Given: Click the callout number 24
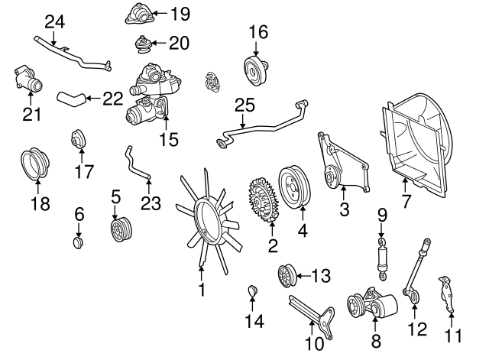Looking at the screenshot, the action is [x=55, y=22].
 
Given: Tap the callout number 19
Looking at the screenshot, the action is [x=180, y=14].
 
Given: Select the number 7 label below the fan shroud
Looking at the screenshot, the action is [x=406, y=200].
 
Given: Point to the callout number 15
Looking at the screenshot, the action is [x=169, y=139].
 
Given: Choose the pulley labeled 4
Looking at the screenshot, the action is [x=294, y=186].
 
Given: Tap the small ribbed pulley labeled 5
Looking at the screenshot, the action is [x=121, y=229].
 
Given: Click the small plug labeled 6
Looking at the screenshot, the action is [x=78, y=243].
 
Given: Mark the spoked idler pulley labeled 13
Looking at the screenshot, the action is [x=287, y=276].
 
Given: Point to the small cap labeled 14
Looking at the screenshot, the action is [x=252, y=290].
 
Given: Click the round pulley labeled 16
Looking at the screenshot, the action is [x=256, y=71].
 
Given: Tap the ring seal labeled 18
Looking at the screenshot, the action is [x=35, y=165].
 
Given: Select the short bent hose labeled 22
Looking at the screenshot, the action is [x=71, y=99].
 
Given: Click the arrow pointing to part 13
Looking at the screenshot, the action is [x=303, y=276].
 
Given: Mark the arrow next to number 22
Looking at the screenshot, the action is [x=93, y=99].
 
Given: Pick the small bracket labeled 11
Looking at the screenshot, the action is [x=446, y=294].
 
